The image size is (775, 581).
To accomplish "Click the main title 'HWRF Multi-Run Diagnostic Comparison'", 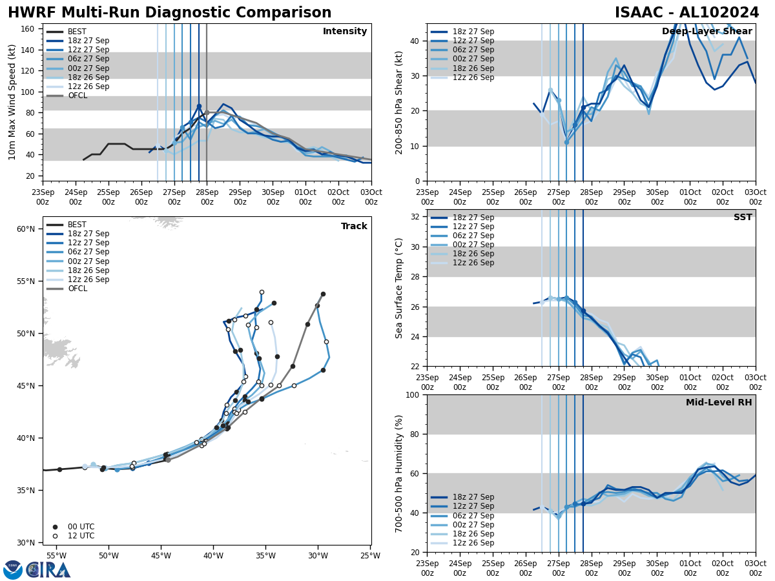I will tap(169, 13).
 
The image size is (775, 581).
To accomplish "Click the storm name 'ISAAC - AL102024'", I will tap(687, 13).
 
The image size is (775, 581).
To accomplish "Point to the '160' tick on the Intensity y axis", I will tap(29, 28).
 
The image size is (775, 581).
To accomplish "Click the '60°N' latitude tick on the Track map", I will tap(25, 229).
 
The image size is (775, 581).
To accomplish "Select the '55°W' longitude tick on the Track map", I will tap(56, 556).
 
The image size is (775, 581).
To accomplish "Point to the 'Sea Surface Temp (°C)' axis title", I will tap(400, 288).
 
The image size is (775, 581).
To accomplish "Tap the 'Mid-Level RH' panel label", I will tap(719, 403).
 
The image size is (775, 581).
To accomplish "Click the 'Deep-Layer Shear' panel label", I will tap(707, 32).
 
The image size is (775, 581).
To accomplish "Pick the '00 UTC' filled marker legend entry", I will tap(72, 527).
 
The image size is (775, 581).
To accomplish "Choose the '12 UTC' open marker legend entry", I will tap(72, 536).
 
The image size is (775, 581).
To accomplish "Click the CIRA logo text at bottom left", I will tap(48, 570).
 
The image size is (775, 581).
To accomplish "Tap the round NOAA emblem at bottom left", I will tap(13, 569).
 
